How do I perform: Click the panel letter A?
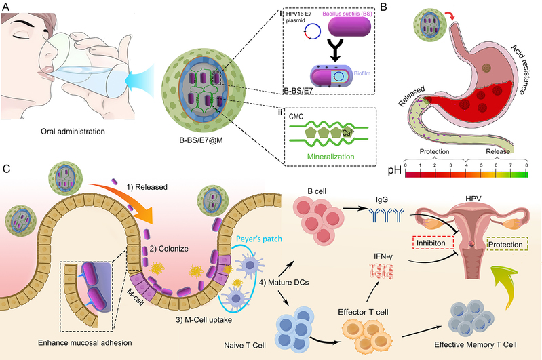(7, 5)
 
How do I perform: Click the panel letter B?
(389, 6)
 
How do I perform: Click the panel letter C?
(7, 165)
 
